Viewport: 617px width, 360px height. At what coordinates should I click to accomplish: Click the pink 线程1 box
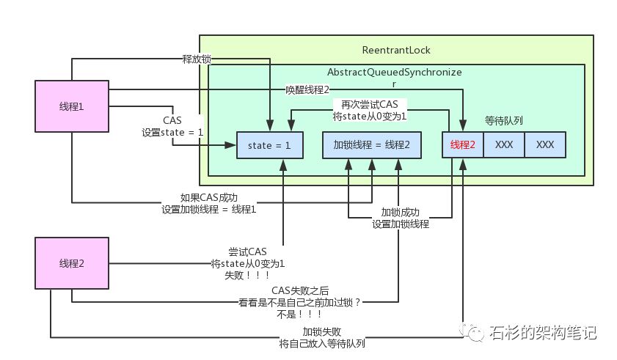click(x=71, y=106)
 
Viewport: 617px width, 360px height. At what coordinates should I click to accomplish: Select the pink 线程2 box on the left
click(x=71, y=263)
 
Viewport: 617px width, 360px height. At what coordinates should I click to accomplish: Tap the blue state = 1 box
click(x=269, y=145)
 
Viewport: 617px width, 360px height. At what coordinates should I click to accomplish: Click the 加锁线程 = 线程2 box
click(x=372, y=145)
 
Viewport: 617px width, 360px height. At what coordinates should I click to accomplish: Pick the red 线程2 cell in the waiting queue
click(x=462, y=145)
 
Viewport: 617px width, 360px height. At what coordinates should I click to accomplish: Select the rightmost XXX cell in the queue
click(x=544, y=145)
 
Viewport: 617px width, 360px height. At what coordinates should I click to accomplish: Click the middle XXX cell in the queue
click(x=503, y=145)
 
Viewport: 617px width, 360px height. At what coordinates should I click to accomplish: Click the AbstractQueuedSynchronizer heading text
click(x=394, y=78)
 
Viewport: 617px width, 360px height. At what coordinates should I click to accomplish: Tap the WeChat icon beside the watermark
click(x=472, y=332)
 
